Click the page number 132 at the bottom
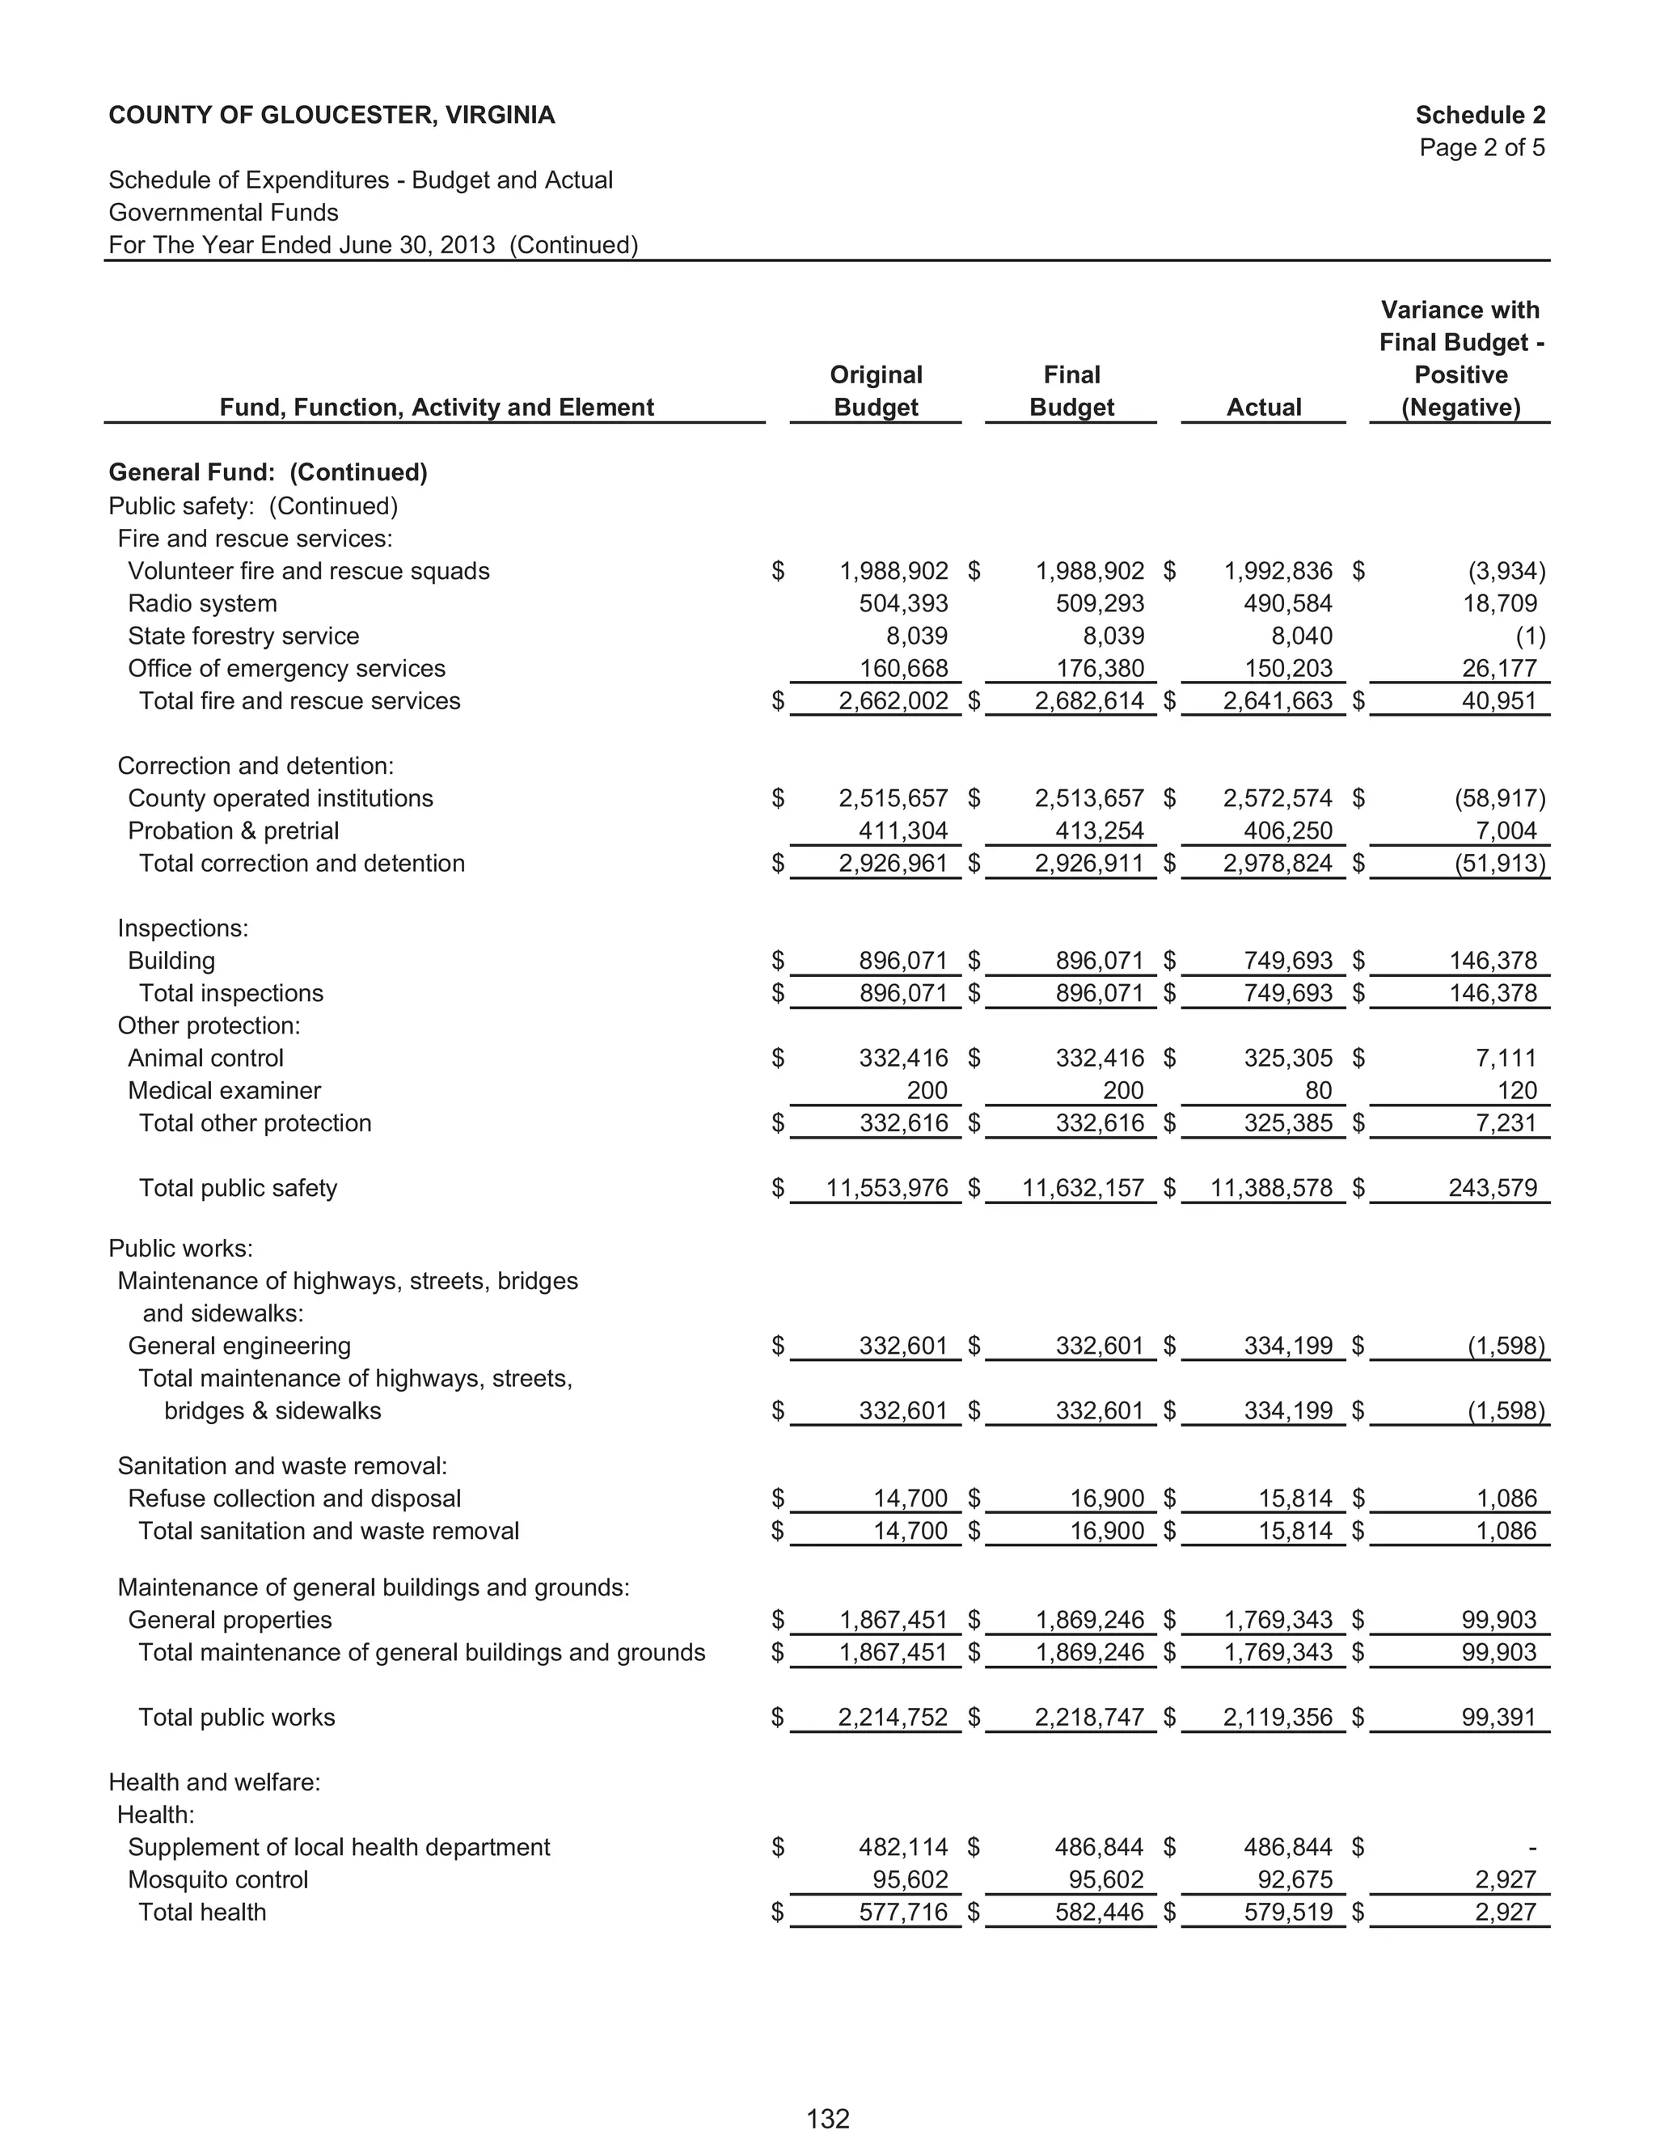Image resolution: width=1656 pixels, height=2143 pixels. point(827,2119)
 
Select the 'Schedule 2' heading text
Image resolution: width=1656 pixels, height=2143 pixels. point(1480,115)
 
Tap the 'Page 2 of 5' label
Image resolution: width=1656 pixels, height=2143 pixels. point(1481,147)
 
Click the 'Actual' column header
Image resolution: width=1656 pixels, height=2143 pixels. point(1264,408)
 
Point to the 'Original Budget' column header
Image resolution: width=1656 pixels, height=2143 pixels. point(875,391)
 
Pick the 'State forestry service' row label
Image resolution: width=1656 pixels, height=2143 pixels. point(243,636)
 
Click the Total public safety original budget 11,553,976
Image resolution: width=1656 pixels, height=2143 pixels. point(887,1188)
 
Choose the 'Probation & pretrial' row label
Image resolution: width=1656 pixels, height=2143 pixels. point(233,831)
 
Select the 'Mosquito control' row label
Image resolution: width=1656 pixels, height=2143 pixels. point(218,1879)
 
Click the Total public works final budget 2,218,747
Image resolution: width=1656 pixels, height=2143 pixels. point(1089,1717)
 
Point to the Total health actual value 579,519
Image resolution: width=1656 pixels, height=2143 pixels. point(1288,1912)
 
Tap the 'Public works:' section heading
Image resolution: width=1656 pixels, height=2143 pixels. point(180,1248)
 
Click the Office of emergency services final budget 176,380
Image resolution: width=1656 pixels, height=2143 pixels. point(1100,668)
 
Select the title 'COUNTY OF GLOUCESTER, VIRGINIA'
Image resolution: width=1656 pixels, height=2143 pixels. point(332,115)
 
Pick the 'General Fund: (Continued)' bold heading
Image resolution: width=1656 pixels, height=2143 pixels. point(268,472)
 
